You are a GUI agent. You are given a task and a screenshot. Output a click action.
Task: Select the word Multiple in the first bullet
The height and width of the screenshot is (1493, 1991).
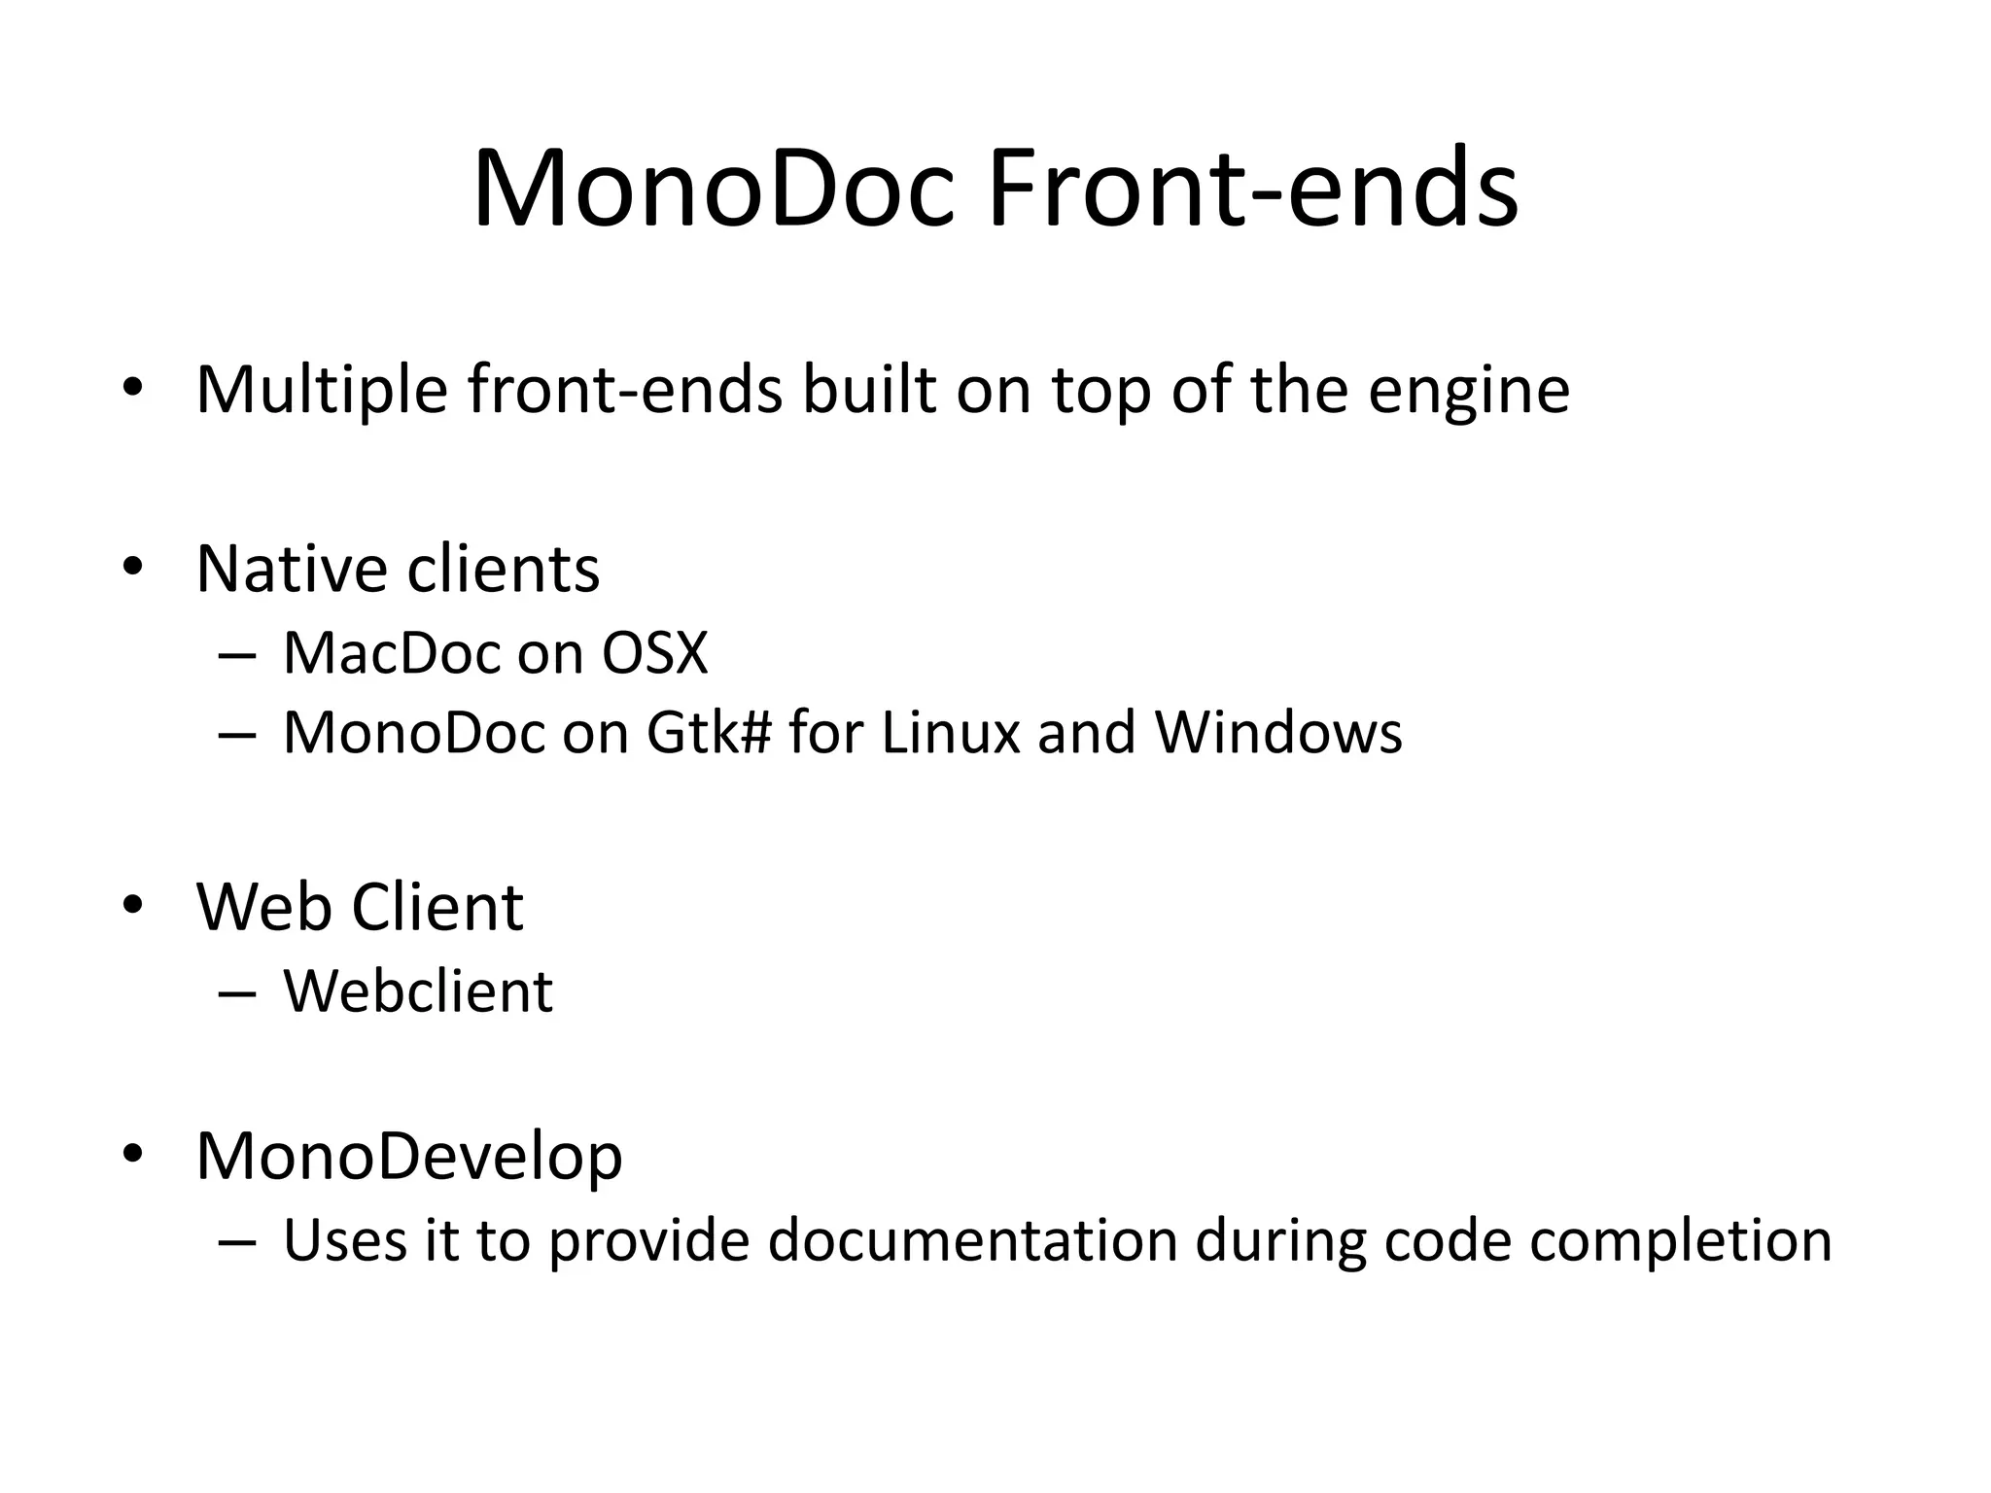coord(322,390)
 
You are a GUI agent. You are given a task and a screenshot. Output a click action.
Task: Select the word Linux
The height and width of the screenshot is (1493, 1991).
coord(950,733)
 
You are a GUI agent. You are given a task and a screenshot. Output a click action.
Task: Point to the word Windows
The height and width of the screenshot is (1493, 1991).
coord(1278,733)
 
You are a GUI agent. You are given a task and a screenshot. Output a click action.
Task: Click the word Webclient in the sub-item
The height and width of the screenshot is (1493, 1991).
coord(418,992)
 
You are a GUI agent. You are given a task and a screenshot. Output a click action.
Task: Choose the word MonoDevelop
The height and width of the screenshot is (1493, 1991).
coord(409,1157)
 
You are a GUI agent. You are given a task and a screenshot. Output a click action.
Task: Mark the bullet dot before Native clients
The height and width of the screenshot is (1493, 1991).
coord(133,567)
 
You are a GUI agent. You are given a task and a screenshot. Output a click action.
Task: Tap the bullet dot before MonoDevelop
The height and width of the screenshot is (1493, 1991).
coord(133,1155)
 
